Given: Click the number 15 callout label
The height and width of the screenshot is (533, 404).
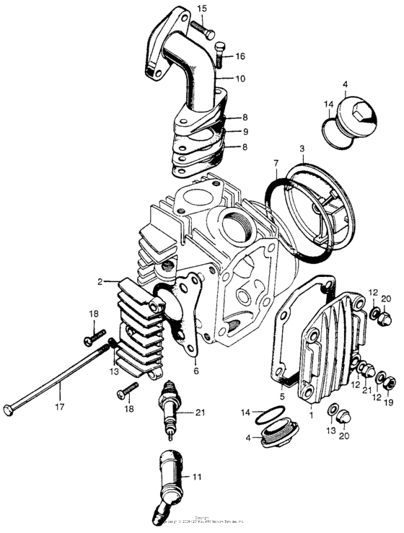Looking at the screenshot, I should click(x=201, y=8).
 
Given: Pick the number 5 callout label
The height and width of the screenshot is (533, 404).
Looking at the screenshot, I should click(x=284, y=396).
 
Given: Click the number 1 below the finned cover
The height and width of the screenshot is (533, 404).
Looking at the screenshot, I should click(x=311, y=416).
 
